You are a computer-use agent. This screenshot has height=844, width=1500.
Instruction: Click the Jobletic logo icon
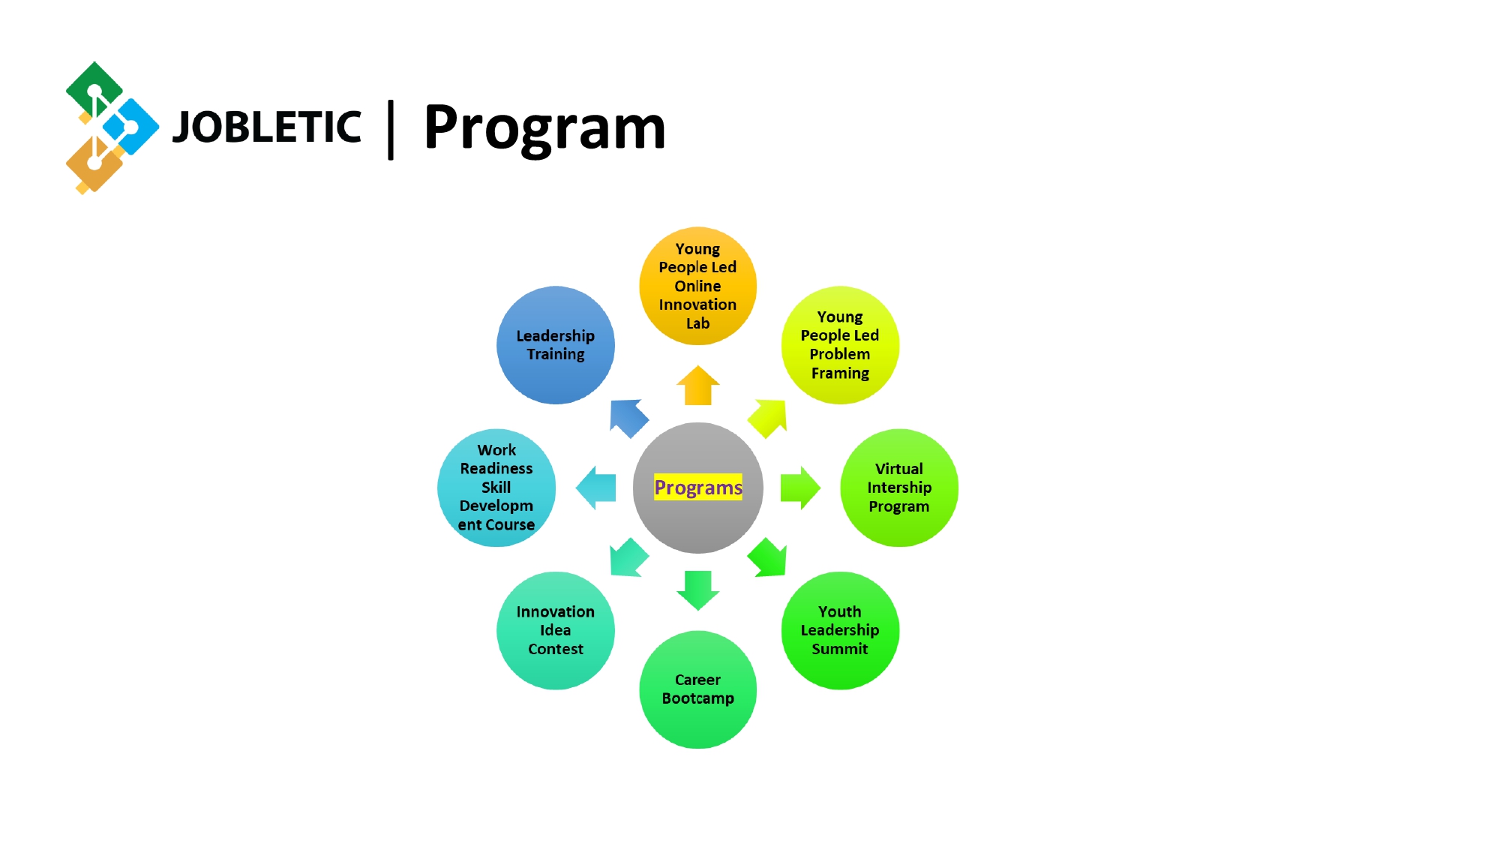(x=111, y=128)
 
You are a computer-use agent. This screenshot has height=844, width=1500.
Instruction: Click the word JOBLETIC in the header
(x=267, y=127)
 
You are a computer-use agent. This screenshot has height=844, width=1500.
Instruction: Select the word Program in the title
(x=544, y=128)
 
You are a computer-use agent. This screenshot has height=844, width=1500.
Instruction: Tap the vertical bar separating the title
(x=391, y=130)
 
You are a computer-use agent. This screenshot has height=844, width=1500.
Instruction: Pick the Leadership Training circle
(x=555, y=345)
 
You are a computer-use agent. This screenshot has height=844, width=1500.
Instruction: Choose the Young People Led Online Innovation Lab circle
(x=697, y=286)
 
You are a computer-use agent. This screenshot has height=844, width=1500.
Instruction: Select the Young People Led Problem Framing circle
(x=840, y=345)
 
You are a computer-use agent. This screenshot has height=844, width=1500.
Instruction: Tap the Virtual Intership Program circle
(x=898, y=488)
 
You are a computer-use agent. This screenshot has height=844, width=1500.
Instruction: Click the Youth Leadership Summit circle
(x=840, y=630)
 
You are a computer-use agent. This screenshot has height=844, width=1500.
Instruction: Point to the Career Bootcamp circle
(x=697, y=689)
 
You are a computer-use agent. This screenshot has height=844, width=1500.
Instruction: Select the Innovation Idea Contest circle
(x=555, y=630)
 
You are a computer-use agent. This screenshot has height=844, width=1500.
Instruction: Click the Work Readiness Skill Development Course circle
(x=496, y=488)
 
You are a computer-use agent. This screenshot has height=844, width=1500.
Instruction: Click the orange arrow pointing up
(x=697, y=386)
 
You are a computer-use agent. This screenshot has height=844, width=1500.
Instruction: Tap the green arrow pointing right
(x=799, y=488)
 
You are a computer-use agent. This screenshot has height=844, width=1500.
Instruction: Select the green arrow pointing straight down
(x=697, y=590)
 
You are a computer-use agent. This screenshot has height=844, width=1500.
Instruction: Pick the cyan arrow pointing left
(x=596, y=488)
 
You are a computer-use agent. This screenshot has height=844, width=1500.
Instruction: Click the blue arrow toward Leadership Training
(x=628, y=418)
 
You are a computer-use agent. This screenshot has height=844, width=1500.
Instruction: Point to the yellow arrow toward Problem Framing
(x=768, y=418)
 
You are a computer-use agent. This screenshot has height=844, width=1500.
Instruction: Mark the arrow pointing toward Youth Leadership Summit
(x=768, y=558)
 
